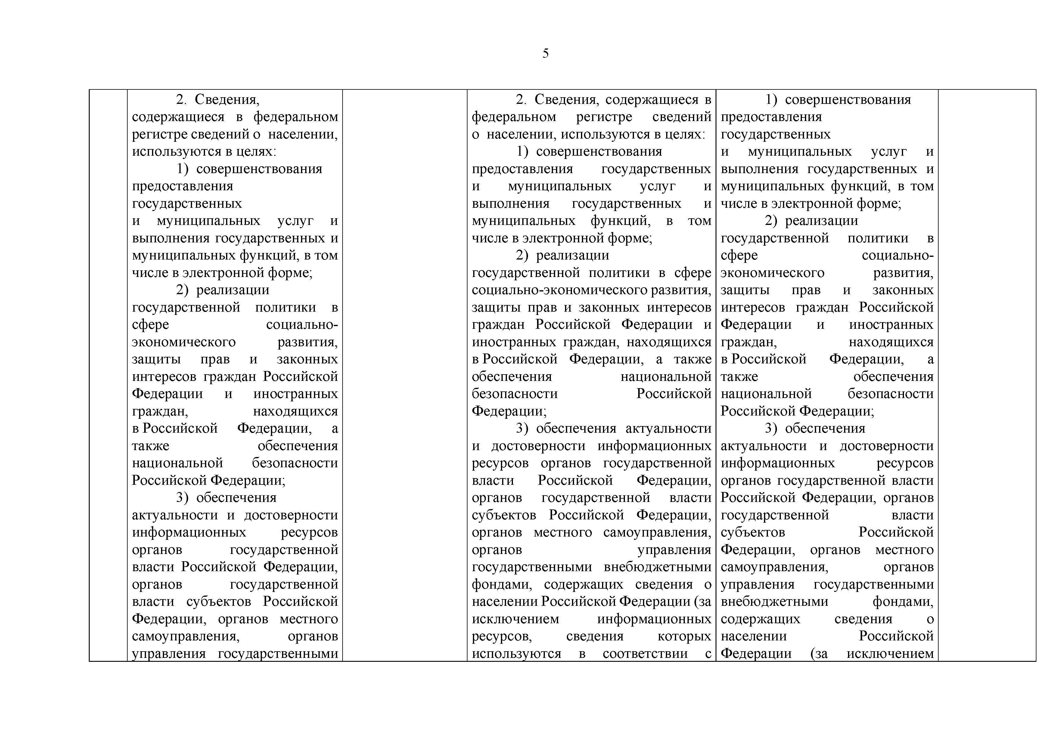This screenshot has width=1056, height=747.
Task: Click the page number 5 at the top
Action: tap(545, 54)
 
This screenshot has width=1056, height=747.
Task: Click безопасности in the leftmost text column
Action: tap(295, 463)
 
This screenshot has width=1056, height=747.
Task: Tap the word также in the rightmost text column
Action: tap(739, 377)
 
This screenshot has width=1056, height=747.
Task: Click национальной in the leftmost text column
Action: tap(177, 463)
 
